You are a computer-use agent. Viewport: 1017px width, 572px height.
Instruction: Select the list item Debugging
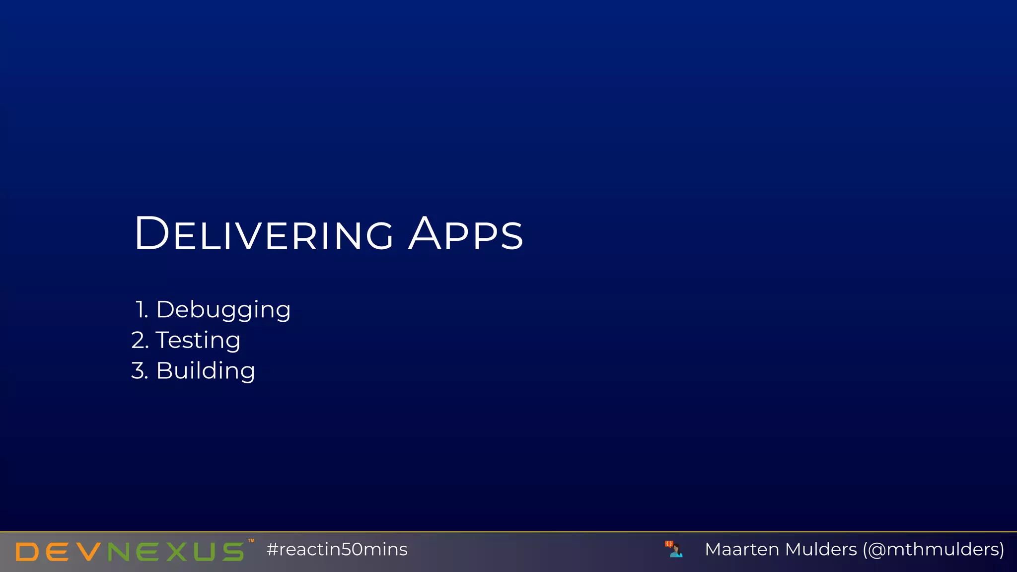click(x=223, y=310)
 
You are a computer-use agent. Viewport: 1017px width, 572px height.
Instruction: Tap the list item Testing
click(x=198, y=341)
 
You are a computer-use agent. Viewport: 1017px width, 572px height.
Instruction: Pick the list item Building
click(x=206, y=371)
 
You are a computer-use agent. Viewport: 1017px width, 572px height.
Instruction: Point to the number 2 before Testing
click(x=139, y=341)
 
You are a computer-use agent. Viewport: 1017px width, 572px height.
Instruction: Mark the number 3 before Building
click(x=139, y=371)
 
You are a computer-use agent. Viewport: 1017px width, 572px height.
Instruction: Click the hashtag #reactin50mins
click(x=337, y=549)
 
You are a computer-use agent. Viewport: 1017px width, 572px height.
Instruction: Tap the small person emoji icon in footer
click(x=675, y=549)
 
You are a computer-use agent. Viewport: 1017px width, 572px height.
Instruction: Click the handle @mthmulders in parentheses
click(x=933, y=549)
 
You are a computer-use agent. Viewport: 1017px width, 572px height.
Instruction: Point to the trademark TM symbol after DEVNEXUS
click(x=251, y=541)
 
